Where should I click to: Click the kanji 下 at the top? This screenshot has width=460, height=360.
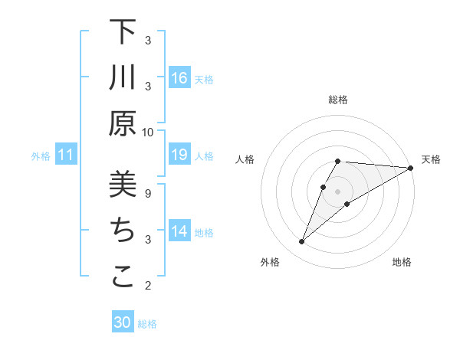[123, 34]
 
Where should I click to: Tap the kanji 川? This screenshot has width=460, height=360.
[123, 78]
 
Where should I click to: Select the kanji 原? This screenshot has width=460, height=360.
[123, 123]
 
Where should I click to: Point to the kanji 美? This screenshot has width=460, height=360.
[123, 185]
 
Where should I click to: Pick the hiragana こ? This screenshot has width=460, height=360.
[123, 277]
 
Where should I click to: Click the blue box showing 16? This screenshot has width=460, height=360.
[179, 78]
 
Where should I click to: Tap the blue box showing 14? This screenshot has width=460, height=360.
[179, 231]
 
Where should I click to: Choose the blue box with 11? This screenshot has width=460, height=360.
[66, 155]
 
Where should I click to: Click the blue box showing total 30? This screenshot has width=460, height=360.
[123, 322]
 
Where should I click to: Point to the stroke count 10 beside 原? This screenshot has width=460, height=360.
[148, 132]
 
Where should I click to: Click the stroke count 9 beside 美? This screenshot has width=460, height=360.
[148, 193]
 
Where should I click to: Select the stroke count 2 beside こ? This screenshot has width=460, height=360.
[148, 286]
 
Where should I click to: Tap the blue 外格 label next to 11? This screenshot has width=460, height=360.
[41, 156]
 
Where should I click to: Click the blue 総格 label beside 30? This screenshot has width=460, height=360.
[147, 324]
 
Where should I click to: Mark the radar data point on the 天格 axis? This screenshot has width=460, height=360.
[411, 168]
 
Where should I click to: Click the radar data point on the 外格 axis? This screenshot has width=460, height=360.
[301, 242]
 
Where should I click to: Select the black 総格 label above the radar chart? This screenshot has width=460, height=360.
[338, 100]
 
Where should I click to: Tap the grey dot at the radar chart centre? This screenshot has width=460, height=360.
[338, 191]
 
